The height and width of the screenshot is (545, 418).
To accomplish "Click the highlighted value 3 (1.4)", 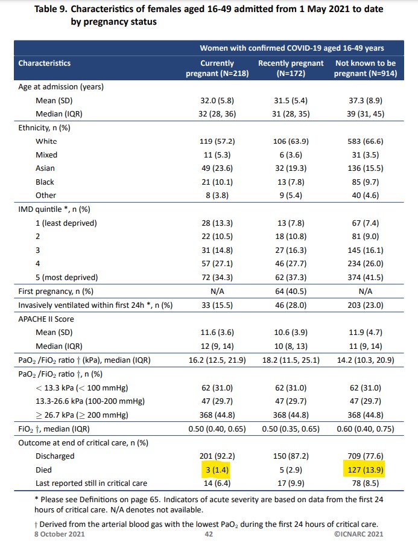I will point(217,470).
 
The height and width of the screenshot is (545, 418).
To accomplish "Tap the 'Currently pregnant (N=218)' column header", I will point(217,68).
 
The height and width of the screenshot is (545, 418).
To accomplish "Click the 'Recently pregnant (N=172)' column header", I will point(291,68).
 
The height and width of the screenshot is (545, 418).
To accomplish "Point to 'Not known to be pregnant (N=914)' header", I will point(359,68).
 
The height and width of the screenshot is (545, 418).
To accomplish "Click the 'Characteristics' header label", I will point(45,63).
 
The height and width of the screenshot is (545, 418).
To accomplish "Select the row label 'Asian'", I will point(45,168).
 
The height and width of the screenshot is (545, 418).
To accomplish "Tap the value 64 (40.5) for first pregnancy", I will point(291,291).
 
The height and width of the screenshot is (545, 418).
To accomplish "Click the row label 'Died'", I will point(44,470).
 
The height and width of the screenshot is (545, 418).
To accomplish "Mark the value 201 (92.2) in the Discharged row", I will point(217,456).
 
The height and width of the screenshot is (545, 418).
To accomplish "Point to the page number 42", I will point(208,534).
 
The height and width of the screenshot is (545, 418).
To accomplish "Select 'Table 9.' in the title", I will point(53,10).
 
